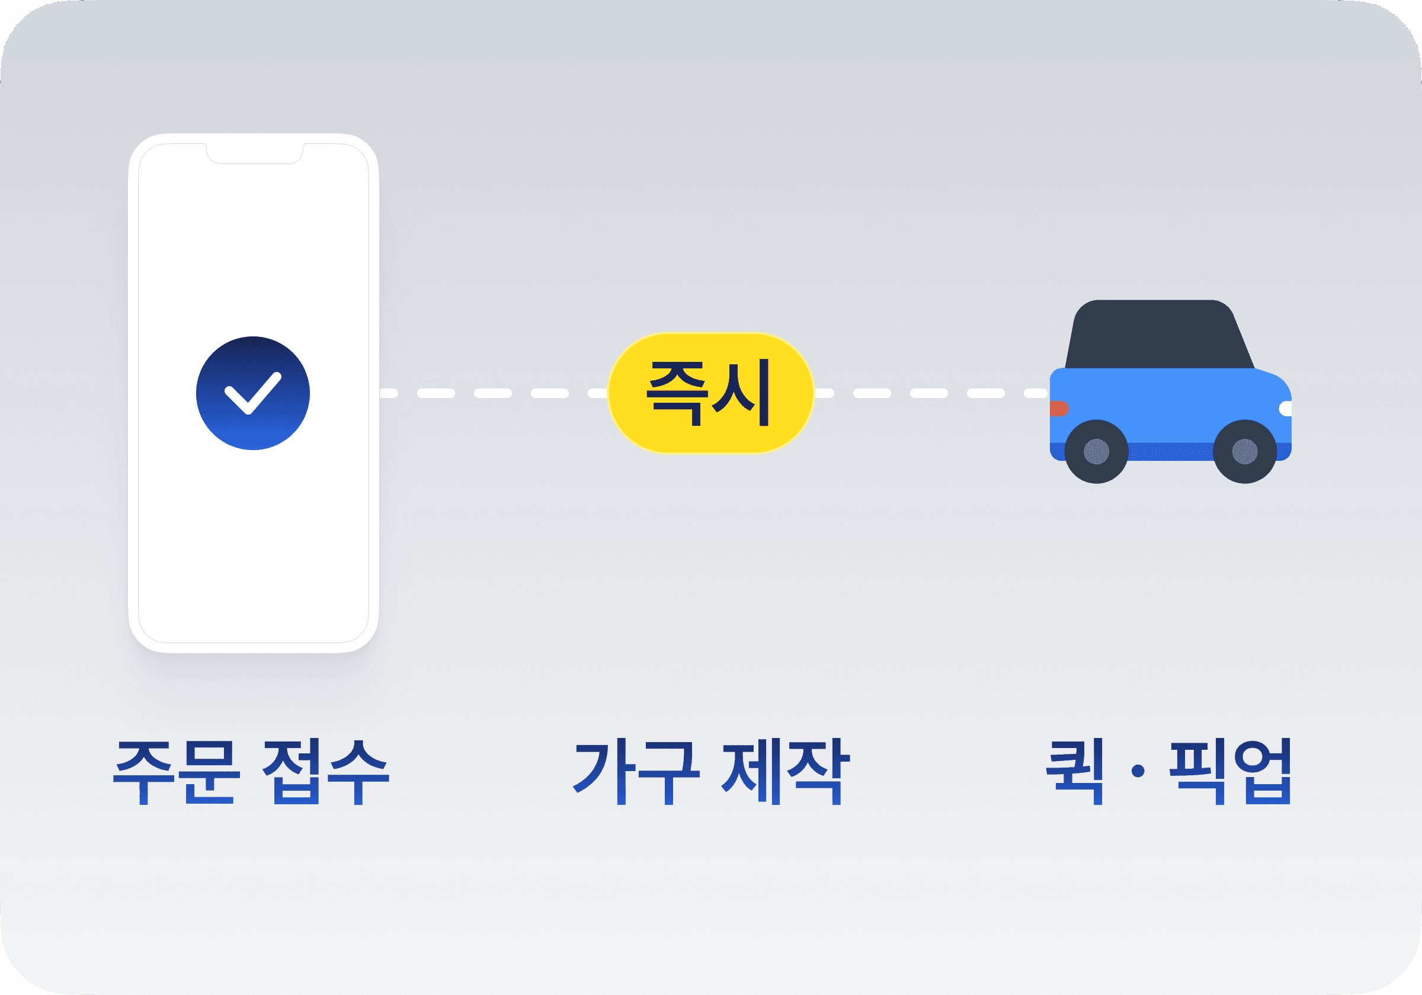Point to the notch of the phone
tap(255, 154)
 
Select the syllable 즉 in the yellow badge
tap(677, 393)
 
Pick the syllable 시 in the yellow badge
tap(741, 393)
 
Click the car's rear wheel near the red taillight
tap(1096, 451)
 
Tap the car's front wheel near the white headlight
tap(1245, 451)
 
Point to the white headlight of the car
tap(1286, 409)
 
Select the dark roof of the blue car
tap(1158, 335)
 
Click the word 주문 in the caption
tap(176, 772)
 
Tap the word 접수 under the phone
tap(326, 772)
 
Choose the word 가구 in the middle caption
tap(637, 772)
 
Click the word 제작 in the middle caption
tap(785, 772)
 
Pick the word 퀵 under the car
tap(1075, 772)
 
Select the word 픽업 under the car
tap(1230, 772)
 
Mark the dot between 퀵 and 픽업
tap(1138, 772)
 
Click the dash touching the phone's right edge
tap(388, 393)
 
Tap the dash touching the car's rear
tap(1036, 393)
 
